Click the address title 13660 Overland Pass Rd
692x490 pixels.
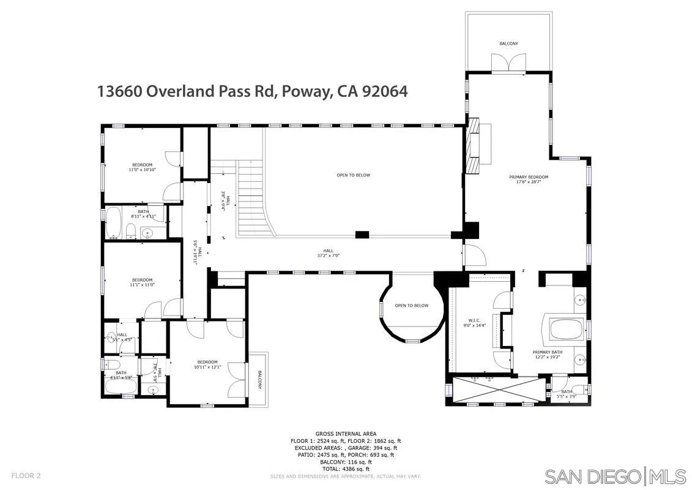(253, 91)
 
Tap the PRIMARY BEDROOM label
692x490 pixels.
(529, 177)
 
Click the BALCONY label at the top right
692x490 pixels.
(508, 43)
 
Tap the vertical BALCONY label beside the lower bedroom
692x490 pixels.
(259, 380)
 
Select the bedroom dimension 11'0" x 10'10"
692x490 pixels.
(142, 170)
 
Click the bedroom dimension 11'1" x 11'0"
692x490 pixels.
(142, 285)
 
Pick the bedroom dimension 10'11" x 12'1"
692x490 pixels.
(207, 367)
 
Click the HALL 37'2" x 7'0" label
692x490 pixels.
(328, 253)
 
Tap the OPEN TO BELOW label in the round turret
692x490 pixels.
(411, 306)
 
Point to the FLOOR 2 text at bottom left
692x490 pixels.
(26, 475)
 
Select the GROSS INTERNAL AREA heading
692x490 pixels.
(346, 434)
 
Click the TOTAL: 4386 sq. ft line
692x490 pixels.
(346, 468)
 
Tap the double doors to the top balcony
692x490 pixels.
(508, 63)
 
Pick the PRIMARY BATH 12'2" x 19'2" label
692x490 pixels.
(547, 355)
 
